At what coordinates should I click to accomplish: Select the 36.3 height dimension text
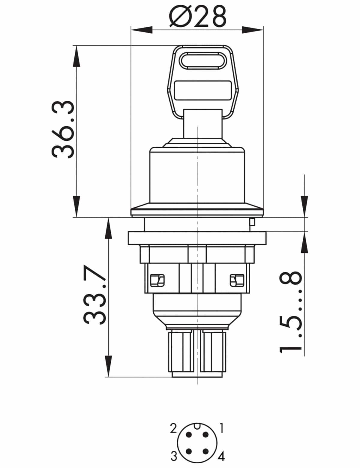click(x=63, y=130)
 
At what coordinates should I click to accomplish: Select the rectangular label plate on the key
click(x=202, y=91)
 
